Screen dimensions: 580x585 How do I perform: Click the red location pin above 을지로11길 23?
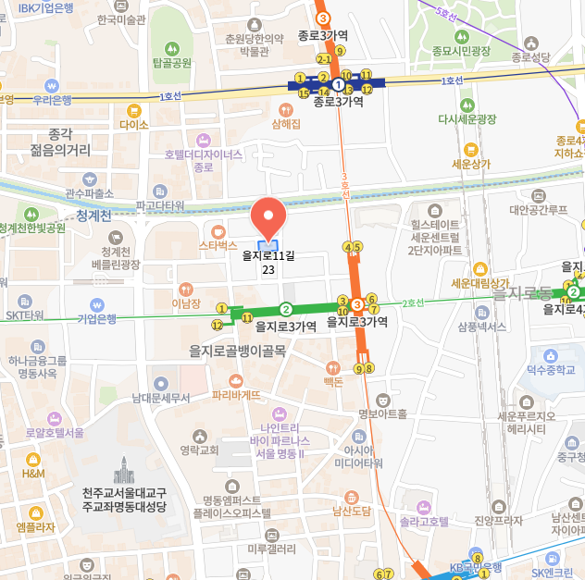[x=268, y=216]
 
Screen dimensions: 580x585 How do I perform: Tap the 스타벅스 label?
[x=218, y=246]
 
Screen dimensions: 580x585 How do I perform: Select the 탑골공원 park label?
[x=171, y=63]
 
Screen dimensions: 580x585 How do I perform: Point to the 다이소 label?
[x=134, y=124]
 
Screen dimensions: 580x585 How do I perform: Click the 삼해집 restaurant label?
[x=286, y=123]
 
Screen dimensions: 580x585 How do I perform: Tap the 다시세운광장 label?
[x=467, y=119]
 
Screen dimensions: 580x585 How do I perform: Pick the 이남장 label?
[x=186, y=302]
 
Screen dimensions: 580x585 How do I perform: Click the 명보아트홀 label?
[x=382, y=413]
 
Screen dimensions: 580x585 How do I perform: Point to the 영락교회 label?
[x=199, y=450]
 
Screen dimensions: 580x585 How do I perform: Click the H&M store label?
[x=33, y=474]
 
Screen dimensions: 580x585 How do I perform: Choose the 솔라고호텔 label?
[x=424, y=522]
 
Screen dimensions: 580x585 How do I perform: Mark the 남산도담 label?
[x=351, y=510]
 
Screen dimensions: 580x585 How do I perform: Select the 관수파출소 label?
[x=89, y=193]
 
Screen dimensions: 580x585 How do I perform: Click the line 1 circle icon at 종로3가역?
[x=338, y=84]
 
